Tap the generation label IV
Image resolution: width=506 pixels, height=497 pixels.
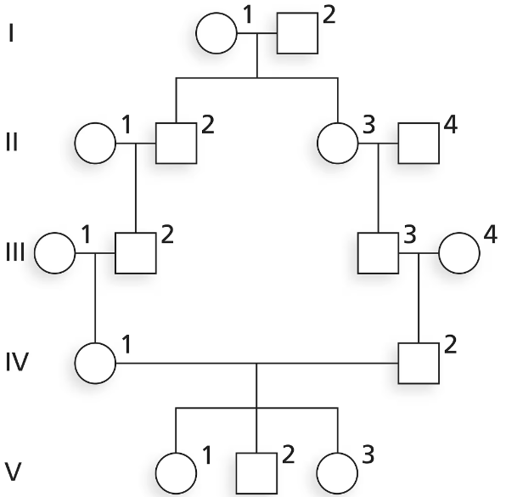[18, 362]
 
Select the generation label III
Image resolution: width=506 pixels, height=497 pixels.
[15, 252]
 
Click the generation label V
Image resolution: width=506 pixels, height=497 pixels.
[14, 472]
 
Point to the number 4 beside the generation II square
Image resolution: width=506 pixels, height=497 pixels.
[451, 125]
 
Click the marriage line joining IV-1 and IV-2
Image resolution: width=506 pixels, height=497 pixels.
[257, 364]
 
